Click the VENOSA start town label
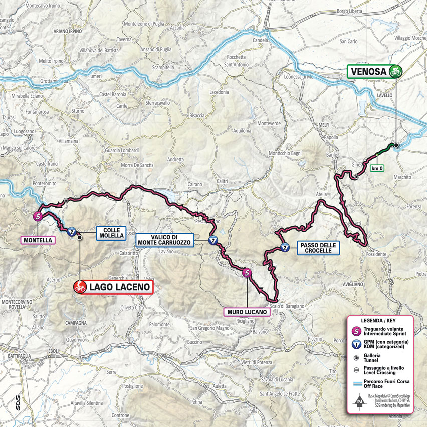(x=368, y=72)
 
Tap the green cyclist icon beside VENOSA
(x=395, y=72)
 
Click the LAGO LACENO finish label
(x=119, y=287)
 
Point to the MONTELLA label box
(x=37, y=240)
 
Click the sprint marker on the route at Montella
(x=38, y=217)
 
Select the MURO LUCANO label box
(x=247, y=312)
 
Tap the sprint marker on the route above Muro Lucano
(x=247, y=273)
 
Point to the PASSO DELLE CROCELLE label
(x=318, y=248)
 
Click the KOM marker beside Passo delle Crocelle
(x=285, y=247)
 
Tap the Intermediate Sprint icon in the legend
(x=356, y=331)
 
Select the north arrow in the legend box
(x=359, y=401)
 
